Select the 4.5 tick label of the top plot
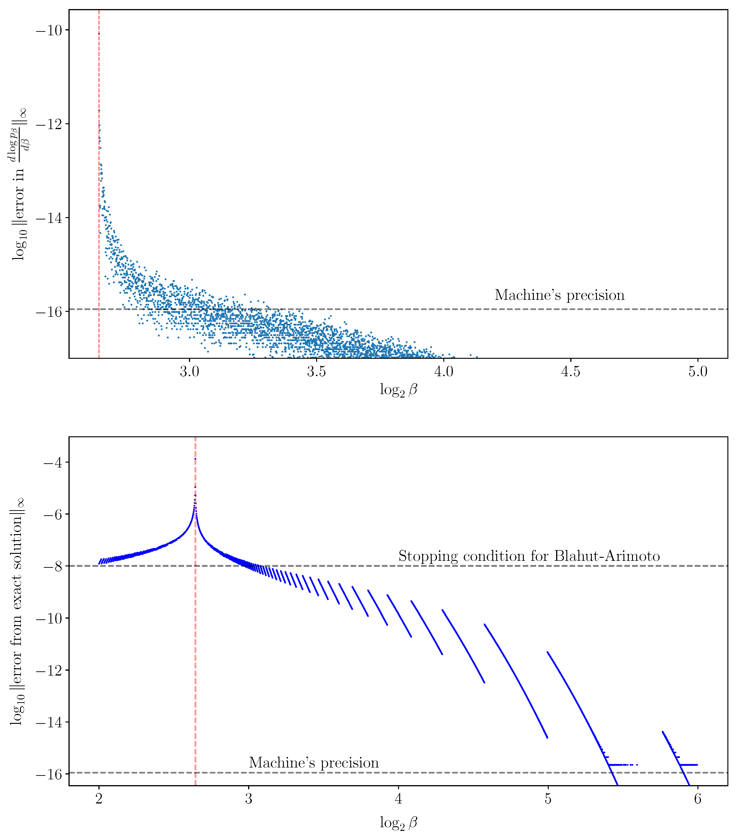tap(570, 372)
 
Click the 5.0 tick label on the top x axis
tap(697, 372)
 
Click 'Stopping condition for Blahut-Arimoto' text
tap(529, 556)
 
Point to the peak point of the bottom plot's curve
tap(195, 458)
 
